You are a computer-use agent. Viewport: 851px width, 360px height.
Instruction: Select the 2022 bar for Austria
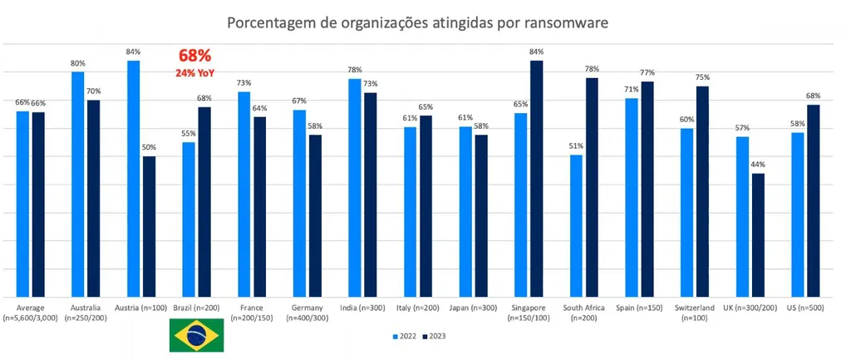[133, 179]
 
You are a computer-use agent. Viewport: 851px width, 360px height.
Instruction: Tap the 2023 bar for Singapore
[537, 179]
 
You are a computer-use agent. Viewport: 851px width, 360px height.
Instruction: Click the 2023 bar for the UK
[758, 235]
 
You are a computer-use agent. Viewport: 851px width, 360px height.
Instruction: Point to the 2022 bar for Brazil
[189, 219]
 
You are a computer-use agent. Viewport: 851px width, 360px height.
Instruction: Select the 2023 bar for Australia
[94, 199]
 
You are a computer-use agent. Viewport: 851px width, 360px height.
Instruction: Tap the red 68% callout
[195, 57]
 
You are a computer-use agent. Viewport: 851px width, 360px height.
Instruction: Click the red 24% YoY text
[195, 73]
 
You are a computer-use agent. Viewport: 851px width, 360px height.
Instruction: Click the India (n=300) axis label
[362, 308]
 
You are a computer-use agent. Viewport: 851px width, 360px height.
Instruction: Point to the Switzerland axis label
[696, 313]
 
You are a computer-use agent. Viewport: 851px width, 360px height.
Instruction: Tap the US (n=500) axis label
[805, 308]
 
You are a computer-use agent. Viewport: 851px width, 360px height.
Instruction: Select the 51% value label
[576, 146]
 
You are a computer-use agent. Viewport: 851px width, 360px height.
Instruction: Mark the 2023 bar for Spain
[647, 190]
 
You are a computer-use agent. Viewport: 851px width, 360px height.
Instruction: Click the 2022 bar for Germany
[299, 204]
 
